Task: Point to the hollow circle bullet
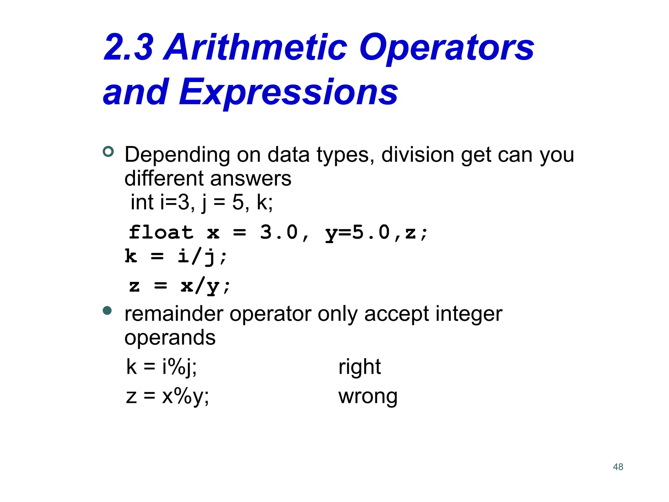[108, 152]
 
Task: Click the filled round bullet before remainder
[107, 310]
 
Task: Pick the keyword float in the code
[161, 232]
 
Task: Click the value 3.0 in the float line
[279, 232]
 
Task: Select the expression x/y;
[205, 286]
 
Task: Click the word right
[359, 367]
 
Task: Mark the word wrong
[368, 396]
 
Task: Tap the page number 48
[618, 467]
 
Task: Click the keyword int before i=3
[142, 202]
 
